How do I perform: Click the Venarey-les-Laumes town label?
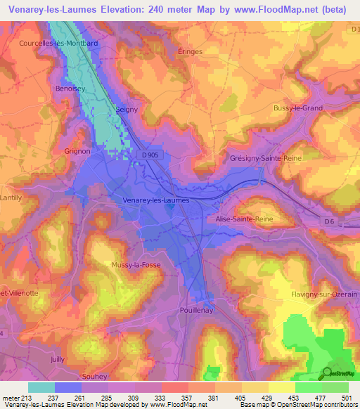(156, 200)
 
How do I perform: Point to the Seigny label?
(127, 110)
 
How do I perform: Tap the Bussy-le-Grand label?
(297, 108)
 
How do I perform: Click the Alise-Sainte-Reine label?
(243, 219)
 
